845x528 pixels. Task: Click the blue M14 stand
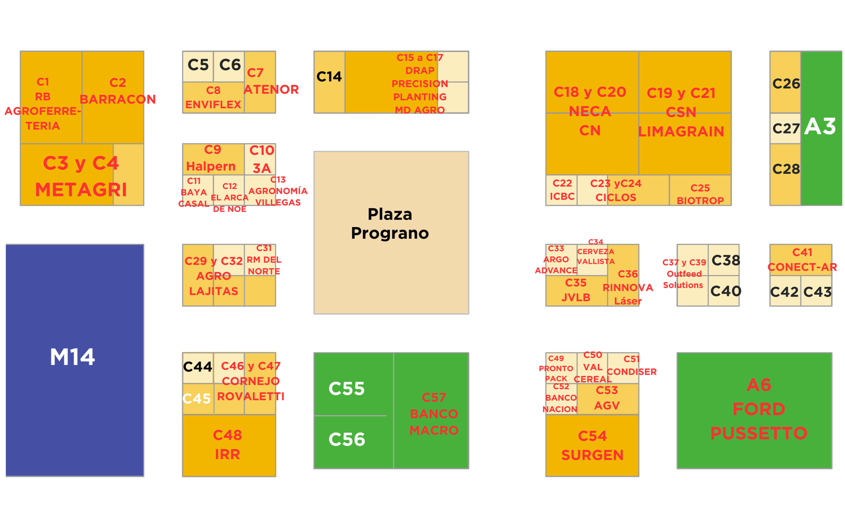click(74, 359)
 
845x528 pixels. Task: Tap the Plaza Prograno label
click(390, 223)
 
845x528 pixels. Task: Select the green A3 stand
click(821, 127)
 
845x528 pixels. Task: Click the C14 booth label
click(329, 77)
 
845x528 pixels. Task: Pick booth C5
click(198, 65)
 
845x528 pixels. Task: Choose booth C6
click(230, 65)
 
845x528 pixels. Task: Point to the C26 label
click(786, 83)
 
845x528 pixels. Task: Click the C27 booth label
click(786, 128)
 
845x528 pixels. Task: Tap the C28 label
click(786, 169)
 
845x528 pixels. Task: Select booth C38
click(726, 260)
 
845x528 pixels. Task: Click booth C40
click(726, 291)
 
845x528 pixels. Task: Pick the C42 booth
click(784, 292)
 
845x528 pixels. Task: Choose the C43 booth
click(817, 292)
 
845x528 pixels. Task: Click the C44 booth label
click(198, 366)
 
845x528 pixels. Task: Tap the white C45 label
click(196, 399)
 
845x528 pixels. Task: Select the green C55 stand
click(347, 389)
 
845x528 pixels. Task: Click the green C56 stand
click(347, 439)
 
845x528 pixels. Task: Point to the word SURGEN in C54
click(592, 455)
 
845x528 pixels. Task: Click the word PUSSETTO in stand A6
click(758, 433)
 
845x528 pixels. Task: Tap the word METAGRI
click(81, 190)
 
